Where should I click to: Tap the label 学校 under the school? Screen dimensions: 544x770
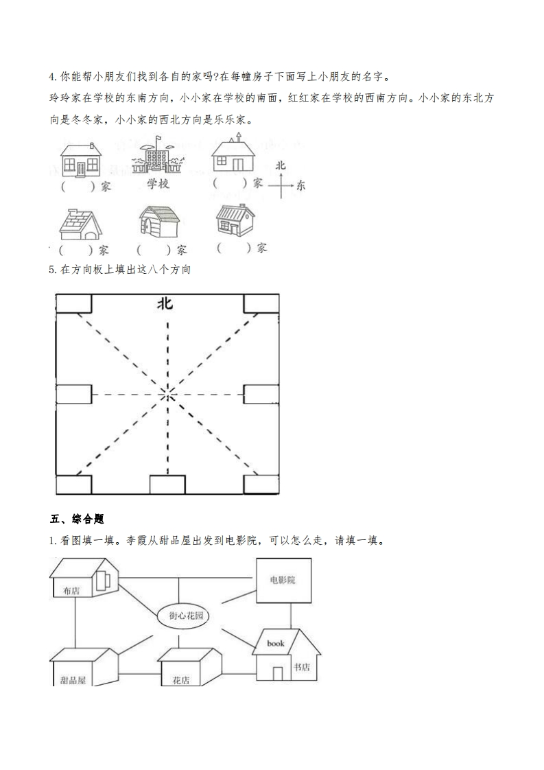pyautogui.click(x=158, y=184)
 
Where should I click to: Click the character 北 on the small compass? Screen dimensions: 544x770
pyautogui.click(x=281, y=165)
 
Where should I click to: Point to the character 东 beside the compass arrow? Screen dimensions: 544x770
pyautogui.click(x=300, y=185)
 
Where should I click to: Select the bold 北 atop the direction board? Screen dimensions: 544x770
pyautogui.click(x=165, y=303)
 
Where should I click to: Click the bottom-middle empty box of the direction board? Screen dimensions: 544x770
pyautogui.click(x=167, y=485)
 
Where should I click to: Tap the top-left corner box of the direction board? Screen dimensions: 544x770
pyautogui.click(x=73, y=303)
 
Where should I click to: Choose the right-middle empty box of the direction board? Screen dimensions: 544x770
pyautogui.click(x=261, y=394)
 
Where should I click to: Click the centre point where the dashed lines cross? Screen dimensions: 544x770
pyautogui.click(x=168, y=394)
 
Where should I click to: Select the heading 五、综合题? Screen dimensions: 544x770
pyautogui.click(x=77, y=519)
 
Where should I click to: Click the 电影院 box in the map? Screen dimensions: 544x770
pyautogui.click(x=284, y=580)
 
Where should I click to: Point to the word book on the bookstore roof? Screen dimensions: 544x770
pyautogui.click(x=276, y=643)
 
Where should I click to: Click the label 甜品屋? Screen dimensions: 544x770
pyautogui.click(x=73, y=681)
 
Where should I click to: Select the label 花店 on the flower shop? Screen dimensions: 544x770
pyautogui.click(x=180, y=681)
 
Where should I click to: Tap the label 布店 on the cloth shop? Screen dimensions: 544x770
pyautogui.click(x=71, y=591)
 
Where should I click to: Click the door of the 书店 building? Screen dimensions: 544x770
pyautogui.click(x=278, y=673)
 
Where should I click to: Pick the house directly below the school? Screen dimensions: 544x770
pyautogui.click(x=159, y=221)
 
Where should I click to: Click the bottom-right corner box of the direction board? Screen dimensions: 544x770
pyautogui.click(x=261, y=485)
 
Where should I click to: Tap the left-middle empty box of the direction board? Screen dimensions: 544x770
pyautogui.click(x=73, y=394)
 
